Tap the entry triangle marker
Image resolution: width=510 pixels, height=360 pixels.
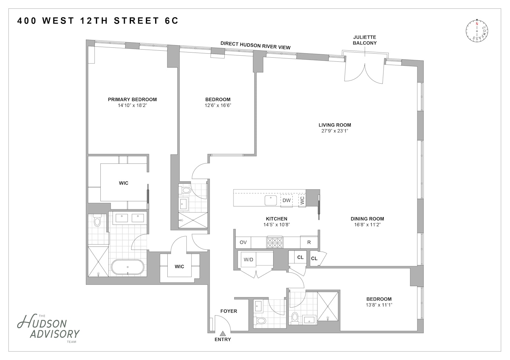(223, 334)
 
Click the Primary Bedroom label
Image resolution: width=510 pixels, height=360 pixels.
(132, 100)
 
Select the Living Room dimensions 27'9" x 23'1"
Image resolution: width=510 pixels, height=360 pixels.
(335, 131)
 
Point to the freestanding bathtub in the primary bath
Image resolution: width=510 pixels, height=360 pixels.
(128, 268)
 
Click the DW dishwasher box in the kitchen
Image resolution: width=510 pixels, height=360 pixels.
(286, 200)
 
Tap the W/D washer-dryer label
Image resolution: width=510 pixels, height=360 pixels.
(249, 259)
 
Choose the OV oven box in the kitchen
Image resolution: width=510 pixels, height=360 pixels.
(243, 242)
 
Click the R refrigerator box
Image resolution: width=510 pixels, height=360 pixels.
(309, 242)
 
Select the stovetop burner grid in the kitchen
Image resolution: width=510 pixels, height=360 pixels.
(275, 242)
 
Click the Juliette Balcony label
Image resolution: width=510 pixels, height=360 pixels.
(365, 40)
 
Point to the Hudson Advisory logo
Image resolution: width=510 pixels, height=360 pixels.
(48, 328)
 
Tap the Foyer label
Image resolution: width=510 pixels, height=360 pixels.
(229, 311)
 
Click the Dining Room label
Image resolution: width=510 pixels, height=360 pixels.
(367, 219)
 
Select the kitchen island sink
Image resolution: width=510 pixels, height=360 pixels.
(271, 200)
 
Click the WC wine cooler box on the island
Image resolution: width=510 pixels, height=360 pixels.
(302, 200)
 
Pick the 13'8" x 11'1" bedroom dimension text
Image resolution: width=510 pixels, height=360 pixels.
(379, 305)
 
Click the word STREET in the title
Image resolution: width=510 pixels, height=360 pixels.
(136, 21)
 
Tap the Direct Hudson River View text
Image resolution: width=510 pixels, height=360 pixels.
(256, 45)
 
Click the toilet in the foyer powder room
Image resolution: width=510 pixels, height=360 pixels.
(260, 320)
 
